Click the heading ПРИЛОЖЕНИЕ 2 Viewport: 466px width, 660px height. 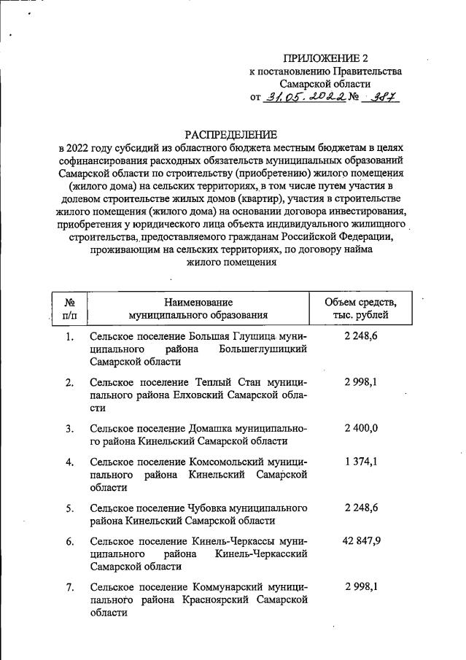coord(326,58)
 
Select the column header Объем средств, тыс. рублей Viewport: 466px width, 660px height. coord(360,308)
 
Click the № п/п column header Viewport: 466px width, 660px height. coord(70,308)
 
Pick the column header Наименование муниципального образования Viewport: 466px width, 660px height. coord(198,308)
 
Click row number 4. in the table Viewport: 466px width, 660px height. coord(70,462)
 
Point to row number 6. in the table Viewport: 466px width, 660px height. coord(70,541)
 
